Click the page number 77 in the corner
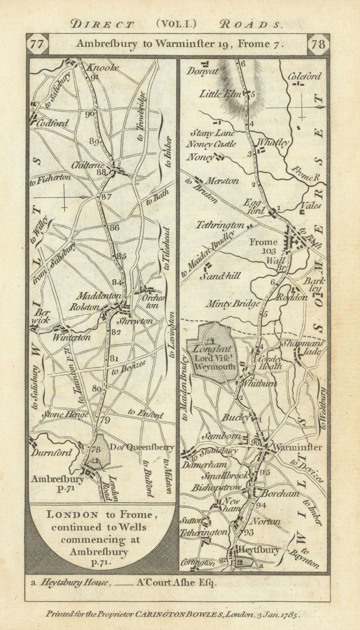point(37,43)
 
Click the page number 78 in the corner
point(318,43)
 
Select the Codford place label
point(53,123)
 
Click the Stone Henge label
point(61,415)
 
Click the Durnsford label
point(53,452)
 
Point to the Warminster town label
point(297,447)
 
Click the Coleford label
point(304,76)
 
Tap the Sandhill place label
point(220,276)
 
